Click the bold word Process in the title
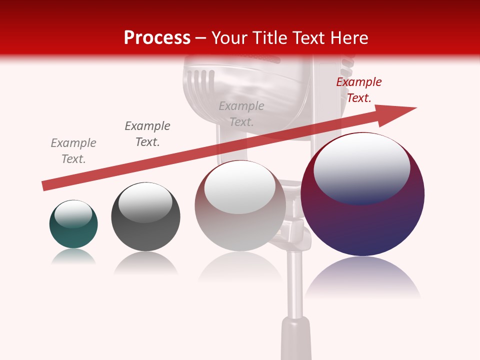click(157, 37)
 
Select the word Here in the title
click(349, 37)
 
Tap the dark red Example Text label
click(358, 90)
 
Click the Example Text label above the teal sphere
click(73, 150)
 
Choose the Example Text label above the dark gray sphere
click(147, 133)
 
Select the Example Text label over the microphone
click(241, 113)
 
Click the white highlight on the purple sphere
click(362, 167)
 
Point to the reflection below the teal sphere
click(73, 256)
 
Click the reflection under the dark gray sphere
click(145, 263)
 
